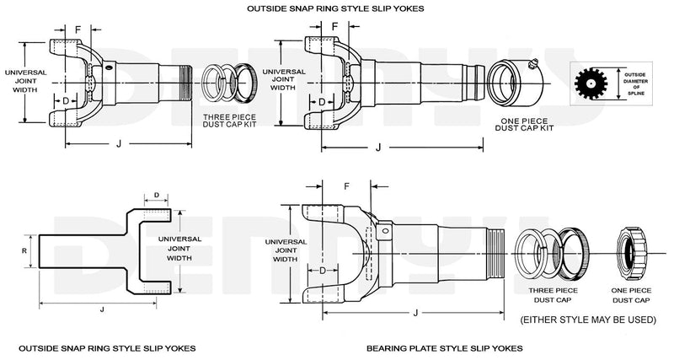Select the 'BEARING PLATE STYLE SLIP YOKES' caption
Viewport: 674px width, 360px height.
click(444, 347)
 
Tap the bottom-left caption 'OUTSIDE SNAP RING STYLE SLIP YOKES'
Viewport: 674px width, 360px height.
click(107, 347)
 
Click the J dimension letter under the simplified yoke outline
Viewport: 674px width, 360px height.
click(102, 309)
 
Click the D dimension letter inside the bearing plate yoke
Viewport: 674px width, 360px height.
click(322, 270)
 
